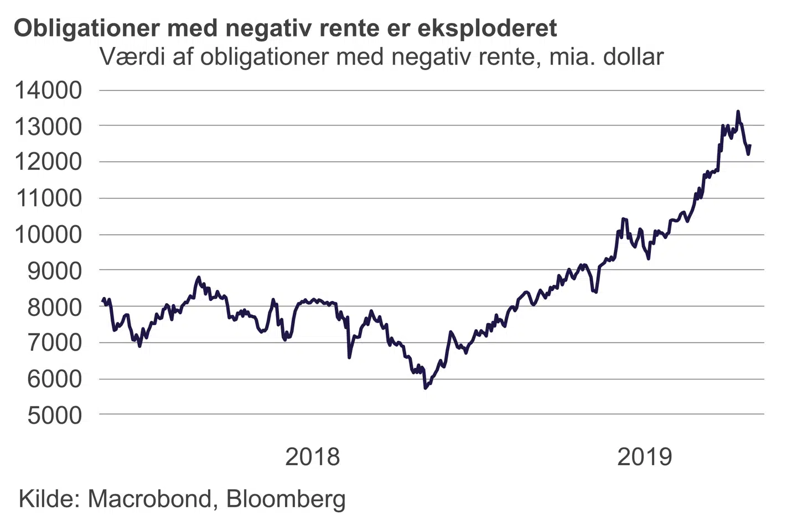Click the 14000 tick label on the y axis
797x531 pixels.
point(48,90)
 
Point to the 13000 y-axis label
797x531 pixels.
point(48,127)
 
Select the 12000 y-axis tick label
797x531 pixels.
point(48,162)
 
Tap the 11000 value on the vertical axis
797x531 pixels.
point(48,198)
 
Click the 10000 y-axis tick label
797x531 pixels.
point(48,235)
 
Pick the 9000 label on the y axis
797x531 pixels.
point(54,270)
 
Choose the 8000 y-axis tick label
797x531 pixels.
point(54,307)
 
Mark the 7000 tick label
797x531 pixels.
point(54,343)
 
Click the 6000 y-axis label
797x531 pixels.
point(54,379)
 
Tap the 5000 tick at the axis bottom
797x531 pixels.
point(54,415)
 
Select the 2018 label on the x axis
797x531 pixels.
point(312,457)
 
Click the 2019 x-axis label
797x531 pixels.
point(644,457)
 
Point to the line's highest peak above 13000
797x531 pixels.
point(738,112)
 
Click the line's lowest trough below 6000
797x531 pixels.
point(425,388)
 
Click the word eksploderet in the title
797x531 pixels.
point(487,28)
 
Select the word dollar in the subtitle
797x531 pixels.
point(633,57)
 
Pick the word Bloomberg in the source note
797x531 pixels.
point(286,498)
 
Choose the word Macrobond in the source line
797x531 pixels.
point(149,498)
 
